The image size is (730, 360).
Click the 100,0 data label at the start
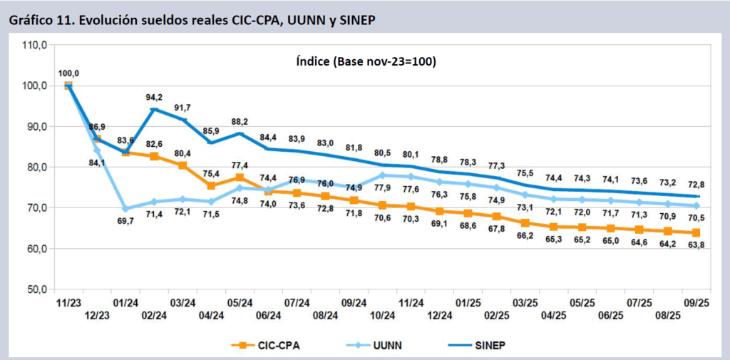[x=68, y=73]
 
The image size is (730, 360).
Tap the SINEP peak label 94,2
[x=154, y=98]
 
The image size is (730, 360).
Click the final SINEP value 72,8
[x=696, y=183]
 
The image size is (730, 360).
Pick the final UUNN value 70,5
[x=696, y=219]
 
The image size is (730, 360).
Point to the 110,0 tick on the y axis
[x=35, y=45]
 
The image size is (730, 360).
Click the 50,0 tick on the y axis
[x=35, y=290]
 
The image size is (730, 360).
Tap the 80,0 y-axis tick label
[x=35, y=168]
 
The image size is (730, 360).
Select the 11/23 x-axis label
[x=68, y=303]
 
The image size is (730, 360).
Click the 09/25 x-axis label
[x=696, y=303]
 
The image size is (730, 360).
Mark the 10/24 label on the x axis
[x=382, y=315]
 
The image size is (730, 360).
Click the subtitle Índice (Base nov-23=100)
[x=366, y=62]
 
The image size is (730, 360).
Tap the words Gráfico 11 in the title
[x=40, y=20]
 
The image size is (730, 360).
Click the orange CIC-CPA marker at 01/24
[x=125, y=151]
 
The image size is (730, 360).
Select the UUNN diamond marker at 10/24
[x=382, y=175]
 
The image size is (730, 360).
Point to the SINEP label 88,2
[x=240, y=121]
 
